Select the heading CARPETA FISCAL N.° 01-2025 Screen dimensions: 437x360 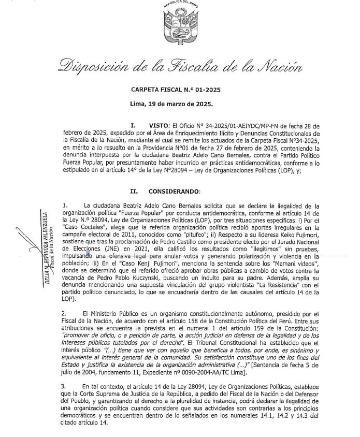(x=176, y=90)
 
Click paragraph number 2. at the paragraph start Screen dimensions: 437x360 (x=64, y=313)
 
